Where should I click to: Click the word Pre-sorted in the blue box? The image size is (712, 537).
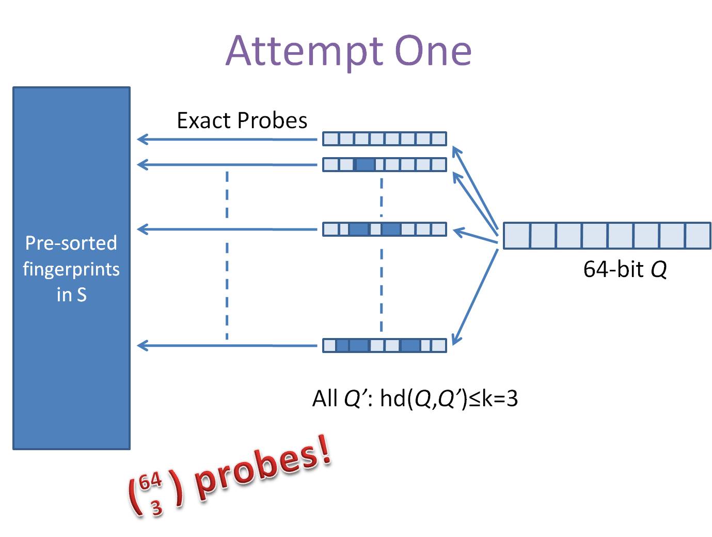pos(71,243)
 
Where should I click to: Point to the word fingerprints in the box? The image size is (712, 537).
pos(71,269)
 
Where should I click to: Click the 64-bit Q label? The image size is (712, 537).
pos(625,269)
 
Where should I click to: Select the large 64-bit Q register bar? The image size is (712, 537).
pos(607,236)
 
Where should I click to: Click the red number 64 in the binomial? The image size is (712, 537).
pos(150,482)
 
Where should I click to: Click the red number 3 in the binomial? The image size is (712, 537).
pos(156,508)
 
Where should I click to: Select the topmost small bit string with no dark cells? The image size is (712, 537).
pos(384,139)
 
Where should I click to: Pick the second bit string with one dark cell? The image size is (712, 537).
pos(384,165)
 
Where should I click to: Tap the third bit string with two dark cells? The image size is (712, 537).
pos(384,229)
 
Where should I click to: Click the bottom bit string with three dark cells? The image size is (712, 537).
pos(384,345)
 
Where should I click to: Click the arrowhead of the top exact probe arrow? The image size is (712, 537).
pos(142,139)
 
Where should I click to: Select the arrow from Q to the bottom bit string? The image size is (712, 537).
pos(475,297)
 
